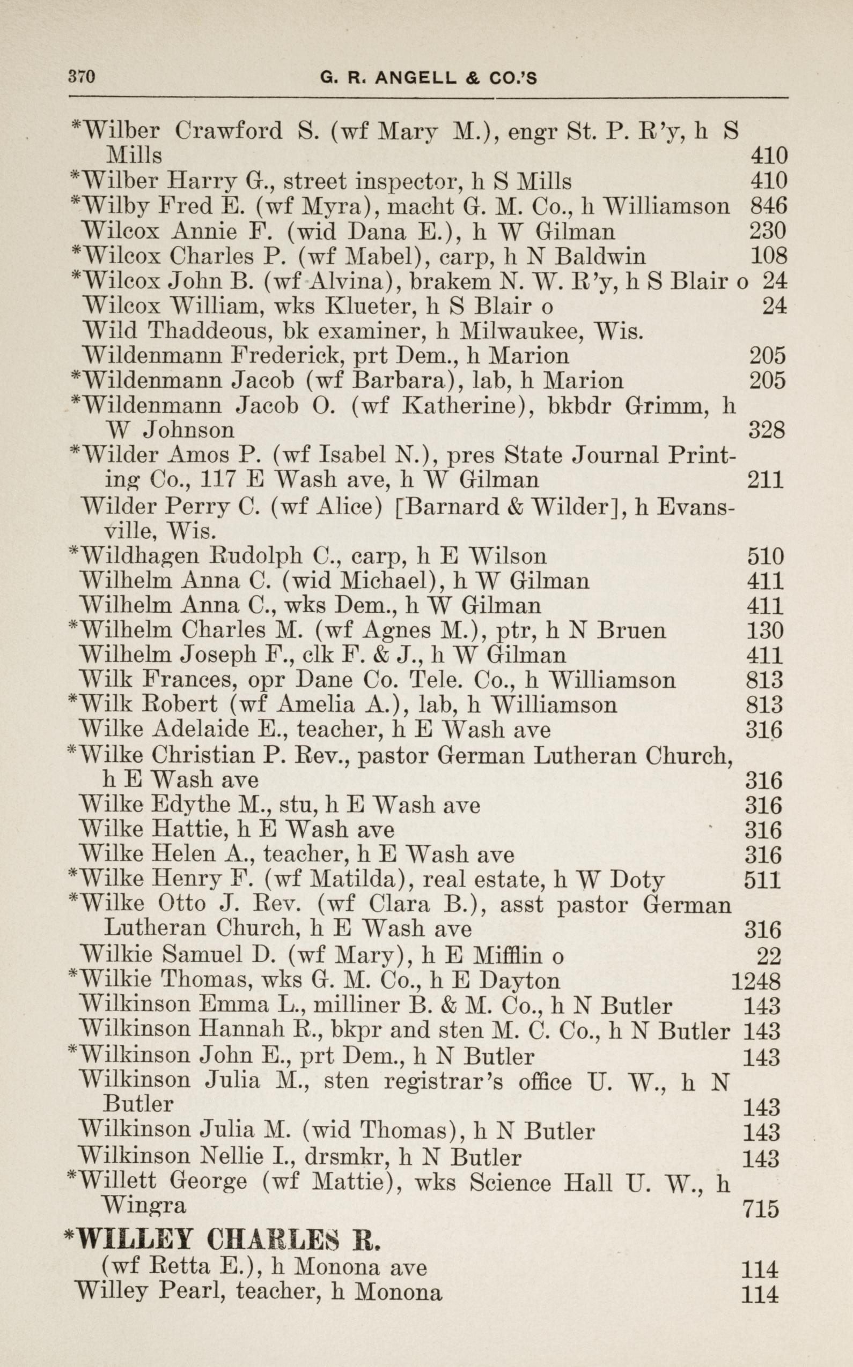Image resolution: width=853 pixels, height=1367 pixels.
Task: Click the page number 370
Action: pos(81,77)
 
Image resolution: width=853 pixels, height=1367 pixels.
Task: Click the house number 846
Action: pos(768,206)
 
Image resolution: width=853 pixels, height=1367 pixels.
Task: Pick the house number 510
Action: pos(766,557)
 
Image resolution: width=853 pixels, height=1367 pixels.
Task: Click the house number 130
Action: pos(764,631)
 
